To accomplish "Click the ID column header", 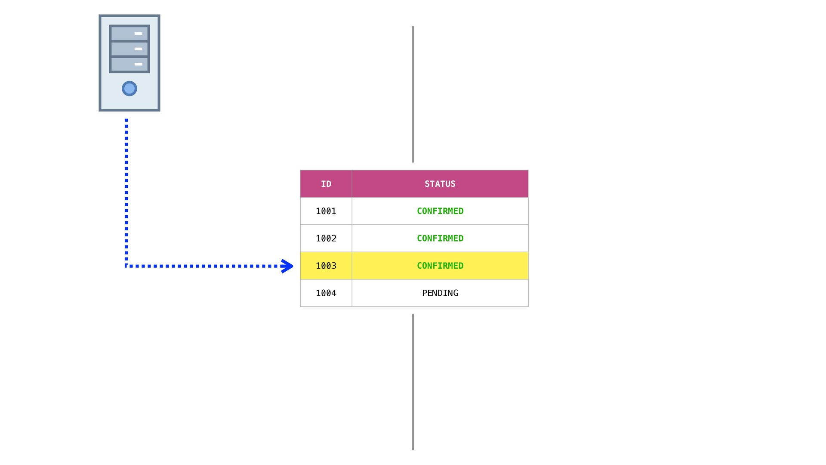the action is point(326,184).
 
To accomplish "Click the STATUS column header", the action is point(440,184).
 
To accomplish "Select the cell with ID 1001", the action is point(326,211).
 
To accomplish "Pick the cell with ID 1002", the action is point(326,239).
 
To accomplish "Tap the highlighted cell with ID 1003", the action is point(326,266).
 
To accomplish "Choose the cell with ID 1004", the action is point(326,293).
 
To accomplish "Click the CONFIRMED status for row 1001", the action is point(440,211).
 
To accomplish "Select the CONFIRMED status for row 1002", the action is point(440,239).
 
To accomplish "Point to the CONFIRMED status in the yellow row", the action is point(440,266).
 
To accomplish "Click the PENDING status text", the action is point(440,293).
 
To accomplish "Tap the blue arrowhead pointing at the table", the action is point(287,266).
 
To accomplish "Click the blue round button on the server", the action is point(129,89).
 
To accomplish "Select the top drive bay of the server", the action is point(129,33).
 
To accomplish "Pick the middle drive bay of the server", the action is point(129,49).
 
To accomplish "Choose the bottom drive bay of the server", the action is point(129,64).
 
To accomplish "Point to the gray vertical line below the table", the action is point(413,381).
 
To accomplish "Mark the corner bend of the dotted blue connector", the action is point(126,266).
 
